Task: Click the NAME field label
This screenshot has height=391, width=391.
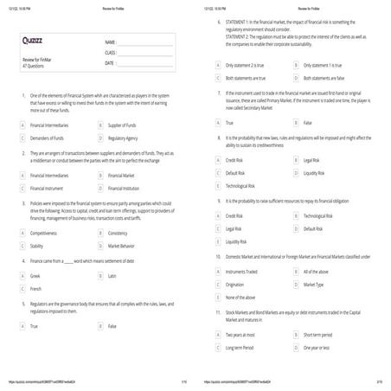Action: [x=110, y=42]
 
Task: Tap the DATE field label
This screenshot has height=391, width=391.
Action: [x=110, y=62]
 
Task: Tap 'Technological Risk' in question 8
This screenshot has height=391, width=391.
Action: [x=241, y=186]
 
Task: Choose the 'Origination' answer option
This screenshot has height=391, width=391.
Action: [x=235, y=284]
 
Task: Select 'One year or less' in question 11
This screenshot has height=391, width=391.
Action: [x=318, y=347]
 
